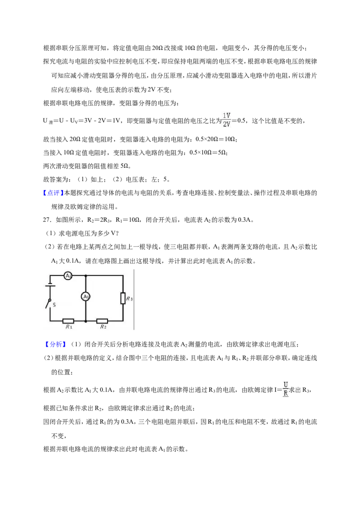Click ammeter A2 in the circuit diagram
(x=68, y=276)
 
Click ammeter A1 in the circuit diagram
(x=85, y=297)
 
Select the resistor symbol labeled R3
(x=123, y=298)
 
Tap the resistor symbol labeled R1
(x=68, y=321)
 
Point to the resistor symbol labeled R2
(x=102, y=321)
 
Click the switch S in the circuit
(x=49, y=304)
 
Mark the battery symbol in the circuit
(x=49, y=286)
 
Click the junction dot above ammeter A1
(x=85, y=276)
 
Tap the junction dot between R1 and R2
(x=85, y=321)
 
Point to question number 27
(x=47, y=220)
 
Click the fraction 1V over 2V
(x=226, y=120)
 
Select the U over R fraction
(x=286, y=389)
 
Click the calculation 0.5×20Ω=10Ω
(x=215, y=139)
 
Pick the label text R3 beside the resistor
(x=129, y=299)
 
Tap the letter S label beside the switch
(x=54, y=305)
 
